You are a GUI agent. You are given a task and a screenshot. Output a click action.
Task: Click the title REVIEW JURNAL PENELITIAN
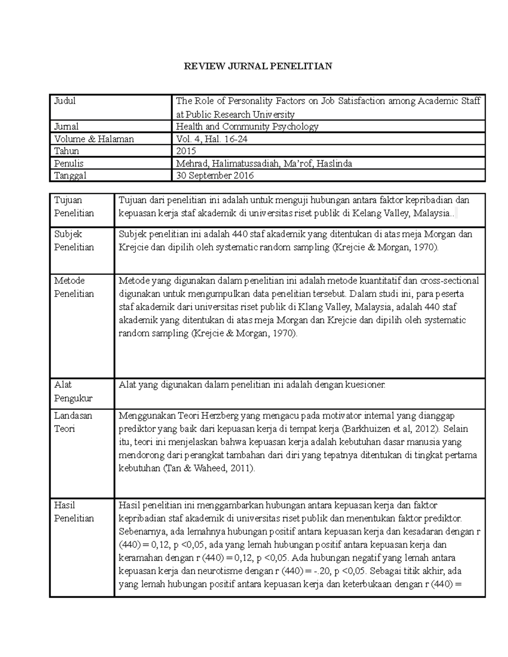(x=257, y=66)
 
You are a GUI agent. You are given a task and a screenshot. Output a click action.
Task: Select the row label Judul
(x=65, y=101)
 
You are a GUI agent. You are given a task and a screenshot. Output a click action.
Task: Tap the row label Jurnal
(x=66, y=126)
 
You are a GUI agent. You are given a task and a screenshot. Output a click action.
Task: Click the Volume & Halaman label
(x=94, y=139)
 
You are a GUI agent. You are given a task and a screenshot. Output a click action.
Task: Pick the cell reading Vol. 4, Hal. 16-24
(x=212, y=139)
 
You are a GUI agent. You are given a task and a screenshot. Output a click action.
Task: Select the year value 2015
(x=186, y=151)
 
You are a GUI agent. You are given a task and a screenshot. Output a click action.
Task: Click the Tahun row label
(x=66, y=151)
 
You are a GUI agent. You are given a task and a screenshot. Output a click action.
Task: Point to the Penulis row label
(x=69, y=163)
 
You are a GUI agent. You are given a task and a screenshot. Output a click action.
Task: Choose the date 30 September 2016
(x=215, y=176)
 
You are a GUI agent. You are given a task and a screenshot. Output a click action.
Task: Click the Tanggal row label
(x=70, y=176)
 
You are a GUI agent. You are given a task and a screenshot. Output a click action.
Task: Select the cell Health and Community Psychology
(x=247, y=126)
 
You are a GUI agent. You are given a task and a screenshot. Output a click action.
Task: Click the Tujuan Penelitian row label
(x=74, y=206)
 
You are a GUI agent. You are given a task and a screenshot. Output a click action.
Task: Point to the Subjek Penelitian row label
(x=74, y=241)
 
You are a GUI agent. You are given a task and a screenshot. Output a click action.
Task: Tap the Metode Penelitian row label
(x=74, y=287)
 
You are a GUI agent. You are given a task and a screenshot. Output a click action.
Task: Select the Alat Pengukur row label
(x=73, y=391)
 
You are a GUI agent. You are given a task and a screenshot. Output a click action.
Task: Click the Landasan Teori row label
(x=73, y=422)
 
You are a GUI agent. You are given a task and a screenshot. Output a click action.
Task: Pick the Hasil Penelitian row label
(x=74, y=512)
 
